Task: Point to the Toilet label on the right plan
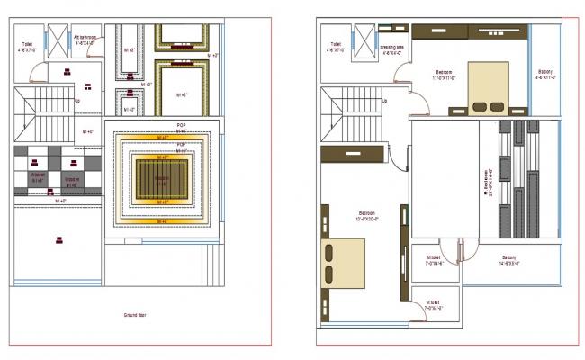tap(335, 46)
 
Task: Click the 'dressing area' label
tap(391, 50)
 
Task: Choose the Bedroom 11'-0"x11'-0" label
tap(445, 75)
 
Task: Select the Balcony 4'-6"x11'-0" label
tap(544, 75)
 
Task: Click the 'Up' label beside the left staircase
tap(77, 101)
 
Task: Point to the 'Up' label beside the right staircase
tap(385, 101)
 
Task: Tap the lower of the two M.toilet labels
tap(434, 306)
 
